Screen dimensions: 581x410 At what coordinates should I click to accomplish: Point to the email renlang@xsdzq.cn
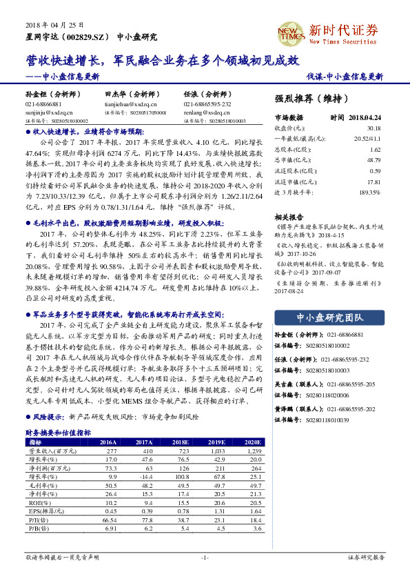pos(203,111)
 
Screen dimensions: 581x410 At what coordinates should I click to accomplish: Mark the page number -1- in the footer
pos(205,557)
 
